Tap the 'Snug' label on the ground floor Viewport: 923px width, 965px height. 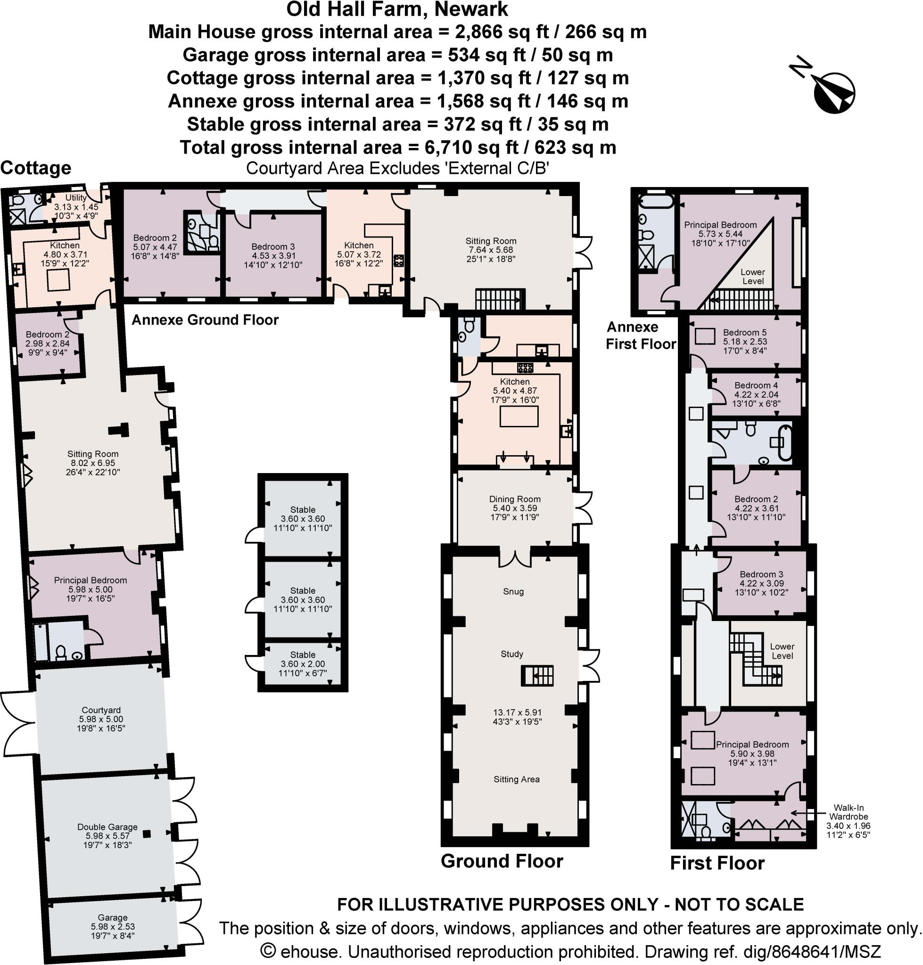coord(513,591)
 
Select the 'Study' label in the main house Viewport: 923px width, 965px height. coord(511,654)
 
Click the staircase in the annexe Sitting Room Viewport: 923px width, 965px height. coord(499,299)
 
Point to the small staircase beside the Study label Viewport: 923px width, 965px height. coord(537,675)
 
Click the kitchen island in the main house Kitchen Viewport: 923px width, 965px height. coord(519,417)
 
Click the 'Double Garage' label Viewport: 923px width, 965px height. coord(107,827)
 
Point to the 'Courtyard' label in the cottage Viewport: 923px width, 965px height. coord(101,710)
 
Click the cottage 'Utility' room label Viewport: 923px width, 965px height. coord(76,198)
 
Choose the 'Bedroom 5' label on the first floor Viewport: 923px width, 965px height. coord(744,333)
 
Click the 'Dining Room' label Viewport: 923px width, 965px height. coord(515,499)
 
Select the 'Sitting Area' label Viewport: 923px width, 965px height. coord(517,779)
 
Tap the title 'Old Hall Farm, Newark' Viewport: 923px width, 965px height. coord(397,9)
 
